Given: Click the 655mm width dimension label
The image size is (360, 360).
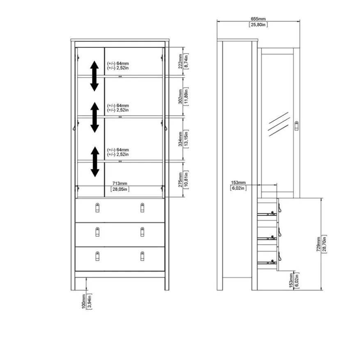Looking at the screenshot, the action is pos(258,19).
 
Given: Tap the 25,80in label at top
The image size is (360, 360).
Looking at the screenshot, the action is pos(258,25).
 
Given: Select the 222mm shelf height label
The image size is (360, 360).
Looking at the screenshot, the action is pos(180,61).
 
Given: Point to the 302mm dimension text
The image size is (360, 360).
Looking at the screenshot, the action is pos(180,96).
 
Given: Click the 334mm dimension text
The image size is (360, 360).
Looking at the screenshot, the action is pos(180,139).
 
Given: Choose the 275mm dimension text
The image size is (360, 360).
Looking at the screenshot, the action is pos(180,180).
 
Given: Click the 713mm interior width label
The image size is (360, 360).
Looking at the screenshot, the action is pos(119,183).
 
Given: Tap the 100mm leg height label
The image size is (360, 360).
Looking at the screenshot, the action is pos(84,301).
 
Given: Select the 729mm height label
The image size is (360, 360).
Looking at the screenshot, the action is pos(319,244).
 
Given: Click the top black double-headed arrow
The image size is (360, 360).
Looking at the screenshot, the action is pos(94,76).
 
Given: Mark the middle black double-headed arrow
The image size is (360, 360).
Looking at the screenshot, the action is pos(94,117).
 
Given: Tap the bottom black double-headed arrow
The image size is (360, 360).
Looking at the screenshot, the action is pos(95,162).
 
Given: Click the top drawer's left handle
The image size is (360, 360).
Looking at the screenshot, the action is pos(97,208).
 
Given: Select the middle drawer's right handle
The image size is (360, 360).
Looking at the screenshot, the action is pos(142,232).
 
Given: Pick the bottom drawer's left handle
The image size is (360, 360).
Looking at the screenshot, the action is pos(97,256).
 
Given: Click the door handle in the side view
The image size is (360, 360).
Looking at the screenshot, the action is pos(296,126).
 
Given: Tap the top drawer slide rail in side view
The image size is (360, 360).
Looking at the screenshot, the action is pos(267,214).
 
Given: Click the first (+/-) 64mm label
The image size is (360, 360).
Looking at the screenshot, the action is pos(118,63).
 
